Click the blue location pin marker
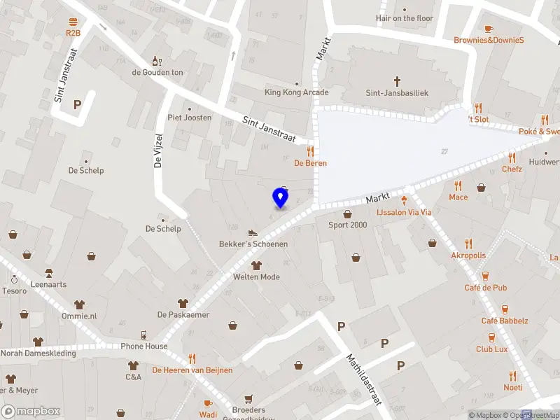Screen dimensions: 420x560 pos(281,198)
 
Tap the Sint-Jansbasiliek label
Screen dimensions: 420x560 pos(397,92)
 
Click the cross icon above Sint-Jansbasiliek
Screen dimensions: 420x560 pos(397,81)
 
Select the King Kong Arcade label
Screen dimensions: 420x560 pos(296,92)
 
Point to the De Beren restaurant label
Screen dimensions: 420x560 pos(310,163)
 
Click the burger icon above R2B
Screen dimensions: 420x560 pos(73,22)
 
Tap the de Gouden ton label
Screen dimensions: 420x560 pos(157,72)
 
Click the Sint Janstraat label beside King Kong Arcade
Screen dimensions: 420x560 pos(269,128)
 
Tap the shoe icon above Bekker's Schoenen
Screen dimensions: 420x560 pos(253,233)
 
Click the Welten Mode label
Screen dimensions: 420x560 pos(256,276)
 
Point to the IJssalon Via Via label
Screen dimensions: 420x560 pos(404,211)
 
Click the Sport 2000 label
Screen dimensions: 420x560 pos(348,225)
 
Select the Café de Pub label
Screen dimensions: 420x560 pos(485,288)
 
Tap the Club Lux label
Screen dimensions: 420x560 pos(492,349)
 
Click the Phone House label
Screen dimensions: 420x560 pos(144,346)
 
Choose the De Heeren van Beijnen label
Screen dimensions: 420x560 pos(192,370)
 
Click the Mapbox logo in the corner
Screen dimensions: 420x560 pos(31,411)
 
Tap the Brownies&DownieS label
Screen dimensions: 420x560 pos(489,40)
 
